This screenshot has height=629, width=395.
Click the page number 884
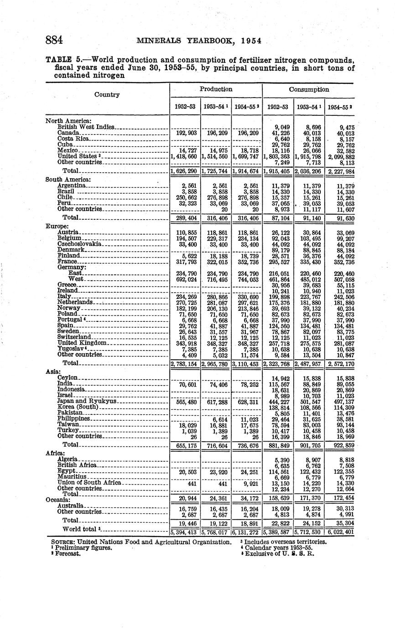54,40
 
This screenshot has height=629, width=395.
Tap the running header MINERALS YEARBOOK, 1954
199,41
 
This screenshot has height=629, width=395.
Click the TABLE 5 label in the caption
65,60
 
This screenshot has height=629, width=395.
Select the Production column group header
216,89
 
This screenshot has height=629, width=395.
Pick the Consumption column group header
308,89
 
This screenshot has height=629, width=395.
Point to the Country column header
107,95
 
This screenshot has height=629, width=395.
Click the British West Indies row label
86,127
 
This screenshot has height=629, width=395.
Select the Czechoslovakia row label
80,244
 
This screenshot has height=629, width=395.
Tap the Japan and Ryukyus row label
88,402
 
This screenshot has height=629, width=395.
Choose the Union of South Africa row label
89,482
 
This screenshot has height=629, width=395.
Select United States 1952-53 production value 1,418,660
185,156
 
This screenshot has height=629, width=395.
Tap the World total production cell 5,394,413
185,531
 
